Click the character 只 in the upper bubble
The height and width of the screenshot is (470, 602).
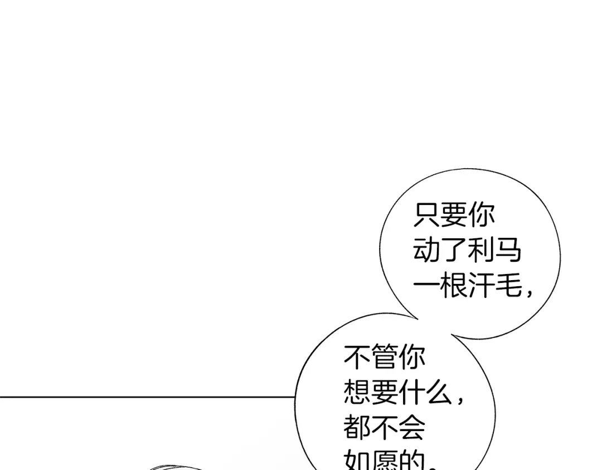click(x=426, y=215)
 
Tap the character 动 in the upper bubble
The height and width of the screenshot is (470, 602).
click(x=426, y=251)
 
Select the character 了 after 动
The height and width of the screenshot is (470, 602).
click(x=454, y=251)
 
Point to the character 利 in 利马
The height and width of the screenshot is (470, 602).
click(x=481, y=251)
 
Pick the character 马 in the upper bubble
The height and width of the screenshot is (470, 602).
click(x=508, y=251)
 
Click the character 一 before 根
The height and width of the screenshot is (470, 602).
click(x=426, y=287)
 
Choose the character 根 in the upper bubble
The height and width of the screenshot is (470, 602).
click(x=454, y=287)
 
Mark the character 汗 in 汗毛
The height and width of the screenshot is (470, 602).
click(x=481, y=287)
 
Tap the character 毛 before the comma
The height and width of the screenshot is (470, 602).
click(x=508, y=287)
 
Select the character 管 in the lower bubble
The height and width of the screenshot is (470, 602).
click(x=385, y=358)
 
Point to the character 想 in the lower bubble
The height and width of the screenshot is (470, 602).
click(x=357, y=393)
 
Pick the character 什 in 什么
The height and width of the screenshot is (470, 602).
click(x=412, y=393)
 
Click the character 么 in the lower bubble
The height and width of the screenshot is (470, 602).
click(x=439, y=393)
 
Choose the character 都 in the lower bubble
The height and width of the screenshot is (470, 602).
click(x=357, y=429)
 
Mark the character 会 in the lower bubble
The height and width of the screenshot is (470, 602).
click(x=412, y=429)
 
